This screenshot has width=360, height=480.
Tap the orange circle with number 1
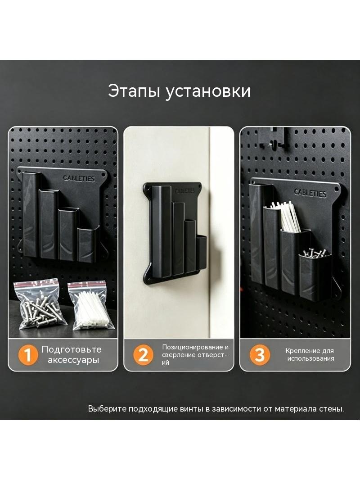(28, 355)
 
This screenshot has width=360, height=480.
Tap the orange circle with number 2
(143, 355)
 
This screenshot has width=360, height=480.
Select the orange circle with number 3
(259, 355)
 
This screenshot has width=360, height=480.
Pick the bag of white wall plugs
(92, 306)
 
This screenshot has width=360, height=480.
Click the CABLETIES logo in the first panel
(79, 178)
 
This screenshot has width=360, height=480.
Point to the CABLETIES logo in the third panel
(310, 193)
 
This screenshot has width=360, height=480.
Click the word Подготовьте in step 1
(72, 349)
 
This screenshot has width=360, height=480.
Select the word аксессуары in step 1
(73, 360)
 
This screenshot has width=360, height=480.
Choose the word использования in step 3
(310, 358)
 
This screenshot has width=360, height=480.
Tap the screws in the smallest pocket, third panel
(315, 254)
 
